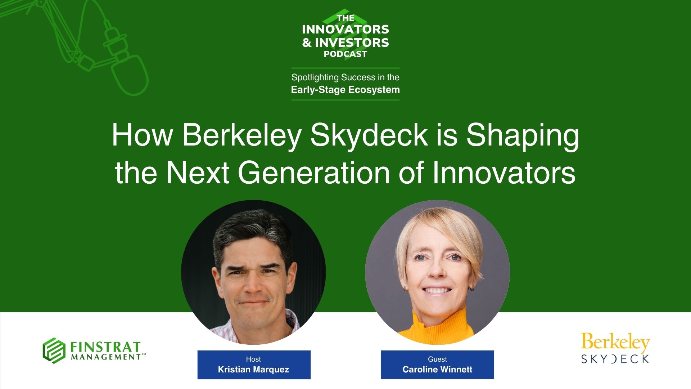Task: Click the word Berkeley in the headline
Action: (x=241, y=135)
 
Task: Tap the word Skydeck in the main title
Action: (x=369, y=135)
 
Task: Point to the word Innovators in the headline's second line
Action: (x=504, y=173)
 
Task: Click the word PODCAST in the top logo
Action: (x=345, y=54)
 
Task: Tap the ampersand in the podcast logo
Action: (x=307, y=43)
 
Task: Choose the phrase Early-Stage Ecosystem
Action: (x=345, y=90)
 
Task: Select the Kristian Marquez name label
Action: (x=253, y=370)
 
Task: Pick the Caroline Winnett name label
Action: (x=437, y=370)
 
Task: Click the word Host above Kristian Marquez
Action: (x=253, y=359)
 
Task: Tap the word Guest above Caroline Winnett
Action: (x=437, y=359)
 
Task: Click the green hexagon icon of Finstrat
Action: (x=54, y=350)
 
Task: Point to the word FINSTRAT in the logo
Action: (x=105, y=347)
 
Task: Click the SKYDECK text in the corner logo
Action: (x=615, y=359)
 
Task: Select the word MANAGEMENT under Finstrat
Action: (x=106, y=357)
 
